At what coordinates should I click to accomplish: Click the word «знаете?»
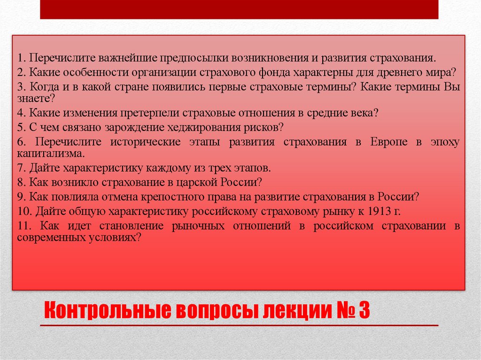(x=36, y=99)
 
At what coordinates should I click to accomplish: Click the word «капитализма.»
(x=51, y=153)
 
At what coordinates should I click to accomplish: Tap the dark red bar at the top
(x=239, y=9)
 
